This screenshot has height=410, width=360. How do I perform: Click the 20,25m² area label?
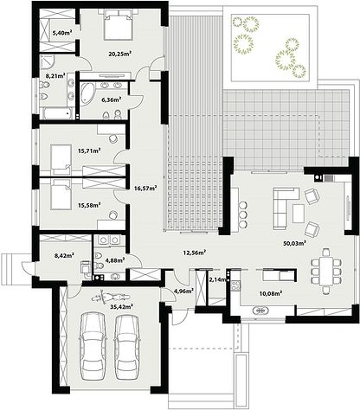coord(120,54)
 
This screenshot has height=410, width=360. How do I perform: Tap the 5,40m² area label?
coord(62,33)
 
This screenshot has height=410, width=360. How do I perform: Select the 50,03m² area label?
coord(294,243)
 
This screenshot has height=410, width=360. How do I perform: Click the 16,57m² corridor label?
coord(145,189)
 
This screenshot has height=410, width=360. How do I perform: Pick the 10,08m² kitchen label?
coord(270,293)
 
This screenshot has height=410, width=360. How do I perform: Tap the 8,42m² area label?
coord(64,255)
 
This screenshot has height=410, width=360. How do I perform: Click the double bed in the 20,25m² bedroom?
coord(118,24)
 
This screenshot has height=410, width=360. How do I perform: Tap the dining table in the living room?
coord(326,271)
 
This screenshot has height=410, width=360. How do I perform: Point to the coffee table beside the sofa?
coord(299,214)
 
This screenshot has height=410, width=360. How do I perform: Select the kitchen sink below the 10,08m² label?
coord(261,311)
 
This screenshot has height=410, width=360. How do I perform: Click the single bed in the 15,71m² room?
coord(61,159)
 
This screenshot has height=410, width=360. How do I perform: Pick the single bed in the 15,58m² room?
coord(61,195)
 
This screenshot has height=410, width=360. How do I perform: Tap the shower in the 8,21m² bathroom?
coord(48,62)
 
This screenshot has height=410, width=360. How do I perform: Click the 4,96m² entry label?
coord(182,291)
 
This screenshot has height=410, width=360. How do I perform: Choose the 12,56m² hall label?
coord(194,253)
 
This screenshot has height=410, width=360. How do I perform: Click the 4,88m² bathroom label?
coord(115,260)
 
